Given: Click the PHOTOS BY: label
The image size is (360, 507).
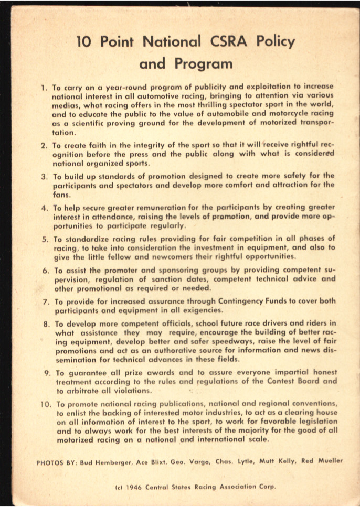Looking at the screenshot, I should pos(56,462).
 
